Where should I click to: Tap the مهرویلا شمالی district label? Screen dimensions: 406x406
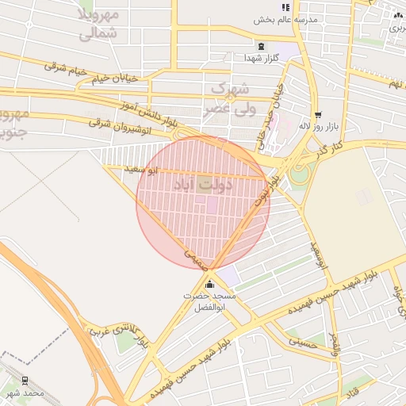pyautogui.click(x=99, y=24)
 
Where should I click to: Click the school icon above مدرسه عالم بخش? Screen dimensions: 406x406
pyautogui.click(x=286, y=6)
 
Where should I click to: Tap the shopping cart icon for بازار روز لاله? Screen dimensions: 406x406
pyautogui.click(x=317, y=113)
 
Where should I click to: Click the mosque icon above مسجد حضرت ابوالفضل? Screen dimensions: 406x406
pyautogui.click(x=209, y=285)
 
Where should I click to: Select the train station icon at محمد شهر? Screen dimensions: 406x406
pyautogui.click(x=25, y=381)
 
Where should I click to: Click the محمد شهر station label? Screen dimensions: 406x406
pyautogui.click(x=23, y=393)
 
